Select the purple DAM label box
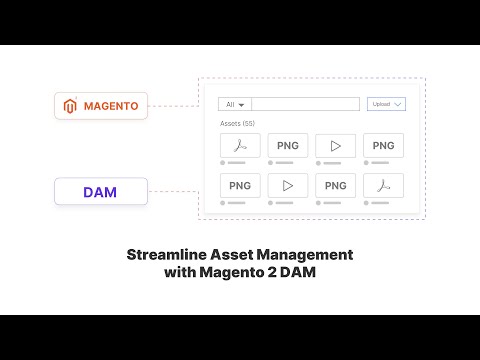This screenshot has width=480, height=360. coord(101,190)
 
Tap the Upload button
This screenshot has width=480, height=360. coord(386,104)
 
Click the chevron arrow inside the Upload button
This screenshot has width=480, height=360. coord(398,104)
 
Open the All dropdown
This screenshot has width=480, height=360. coord(235,104)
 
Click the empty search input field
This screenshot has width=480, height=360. coord(305,104)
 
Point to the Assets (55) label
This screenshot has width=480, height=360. coord(237,123)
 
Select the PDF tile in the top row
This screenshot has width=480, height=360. coord(240,145)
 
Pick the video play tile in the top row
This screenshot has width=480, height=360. coord(335,145)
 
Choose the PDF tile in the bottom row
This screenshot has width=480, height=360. coord(383,185)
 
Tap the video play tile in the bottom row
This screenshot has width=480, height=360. coord(288,185)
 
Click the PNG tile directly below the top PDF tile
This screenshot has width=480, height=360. coord(240,185)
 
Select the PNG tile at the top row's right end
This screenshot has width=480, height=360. coord(383,145)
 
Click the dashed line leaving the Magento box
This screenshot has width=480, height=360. coord(173,104)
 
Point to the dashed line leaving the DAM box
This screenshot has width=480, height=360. coord(173,190)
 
